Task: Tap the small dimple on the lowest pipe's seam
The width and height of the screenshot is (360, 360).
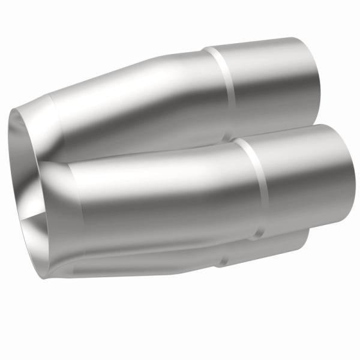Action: click(223, 260)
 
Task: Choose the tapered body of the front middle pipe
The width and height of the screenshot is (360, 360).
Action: click(162, 192)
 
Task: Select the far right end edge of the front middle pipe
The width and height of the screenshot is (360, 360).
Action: click(343, 174)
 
